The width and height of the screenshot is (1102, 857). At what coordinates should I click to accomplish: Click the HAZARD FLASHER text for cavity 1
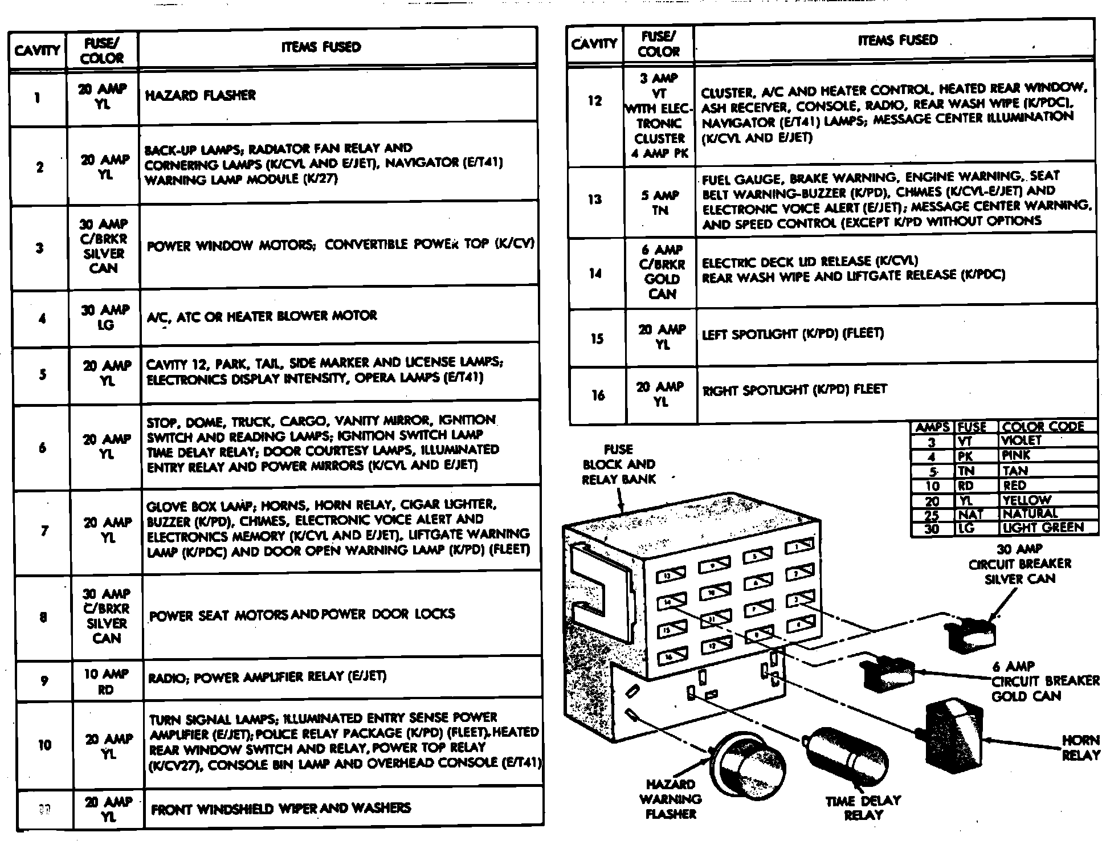click(x=201, y=95)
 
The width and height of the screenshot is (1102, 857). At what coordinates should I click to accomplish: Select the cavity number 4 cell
click(x=42, y=319)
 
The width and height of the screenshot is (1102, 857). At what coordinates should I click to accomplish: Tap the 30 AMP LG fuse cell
click(x=105, y=317)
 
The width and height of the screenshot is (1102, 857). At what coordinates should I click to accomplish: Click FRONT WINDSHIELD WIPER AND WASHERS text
click(x=280, y=808)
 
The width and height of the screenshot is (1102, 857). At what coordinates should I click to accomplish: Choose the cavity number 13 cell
click(x=595, y=199)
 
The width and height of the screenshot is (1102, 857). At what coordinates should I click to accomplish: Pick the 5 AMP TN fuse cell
click(x=660, y=203)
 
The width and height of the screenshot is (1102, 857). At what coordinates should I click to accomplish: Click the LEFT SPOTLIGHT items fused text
click(x=793, y=334)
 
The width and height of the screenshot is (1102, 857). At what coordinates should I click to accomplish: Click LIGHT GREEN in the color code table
click(x=1043, y=528)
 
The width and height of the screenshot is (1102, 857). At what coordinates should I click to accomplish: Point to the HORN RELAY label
click(x=1080, y=748)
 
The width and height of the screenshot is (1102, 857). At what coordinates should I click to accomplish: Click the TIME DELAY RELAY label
click(x=863, y=807)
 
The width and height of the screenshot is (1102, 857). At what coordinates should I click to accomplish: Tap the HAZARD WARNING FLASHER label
click(x=671, y=799)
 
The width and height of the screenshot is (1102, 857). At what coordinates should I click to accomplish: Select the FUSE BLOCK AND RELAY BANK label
click(x=618, y=464)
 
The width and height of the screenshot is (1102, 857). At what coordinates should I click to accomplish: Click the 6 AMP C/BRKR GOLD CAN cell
click(x=662, y=272)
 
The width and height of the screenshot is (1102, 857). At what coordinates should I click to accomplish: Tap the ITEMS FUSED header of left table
click(x=321, y=47)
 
